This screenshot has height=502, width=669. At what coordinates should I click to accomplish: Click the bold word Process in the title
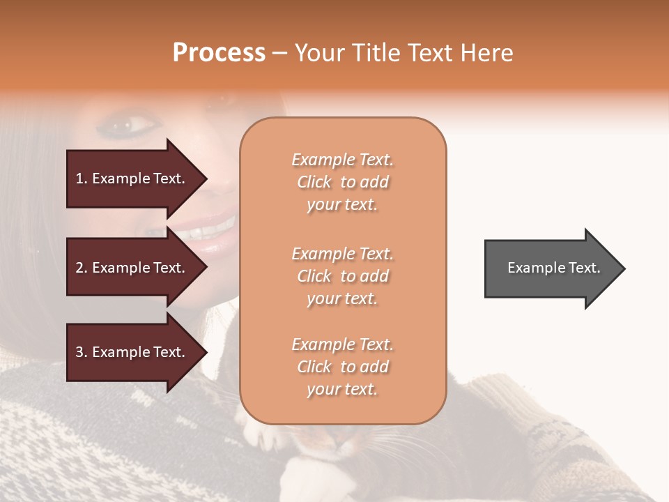coord(219,52)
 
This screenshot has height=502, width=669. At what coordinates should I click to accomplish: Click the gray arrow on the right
coord(551,268)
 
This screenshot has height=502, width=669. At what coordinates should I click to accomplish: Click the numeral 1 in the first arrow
coord(79,178)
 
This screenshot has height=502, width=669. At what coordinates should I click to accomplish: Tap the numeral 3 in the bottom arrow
coord(79,352)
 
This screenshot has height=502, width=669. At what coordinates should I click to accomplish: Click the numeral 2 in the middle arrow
coord(79,268)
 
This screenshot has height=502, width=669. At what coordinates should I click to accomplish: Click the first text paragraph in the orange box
coord(342,182)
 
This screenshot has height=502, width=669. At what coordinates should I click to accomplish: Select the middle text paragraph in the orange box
coord(342,276)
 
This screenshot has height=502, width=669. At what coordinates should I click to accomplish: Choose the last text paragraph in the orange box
coord(342,367)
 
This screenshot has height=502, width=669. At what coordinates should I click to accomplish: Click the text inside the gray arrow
coord(553,268)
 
